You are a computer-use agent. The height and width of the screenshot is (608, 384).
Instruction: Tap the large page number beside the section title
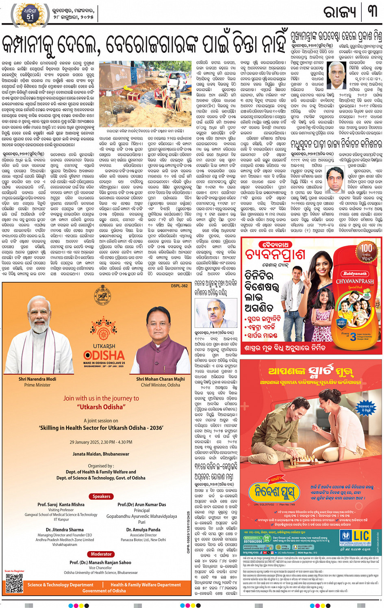pos(372,12)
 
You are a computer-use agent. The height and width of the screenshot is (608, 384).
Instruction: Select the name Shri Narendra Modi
pos(37,379)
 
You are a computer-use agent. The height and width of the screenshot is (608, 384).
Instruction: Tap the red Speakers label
pos(101,496)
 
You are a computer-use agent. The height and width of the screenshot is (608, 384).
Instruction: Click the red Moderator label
pos(101,554)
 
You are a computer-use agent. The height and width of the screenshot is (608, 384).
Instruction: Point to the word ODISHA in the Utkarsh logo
pos(104,355)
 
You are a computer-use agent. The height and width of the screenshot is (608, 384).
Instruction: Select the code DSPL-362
pos(179,286)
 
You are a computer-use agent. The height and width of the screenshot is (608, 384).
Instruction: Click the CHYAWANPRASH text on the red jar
pos(354,281)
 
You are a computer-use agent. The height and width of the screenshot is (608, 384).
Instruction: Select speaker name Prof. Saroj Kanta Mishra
pos(61,504)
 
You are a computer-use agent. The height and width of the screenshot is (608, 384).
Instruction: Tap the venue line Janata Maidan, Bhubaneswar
pos(101,454)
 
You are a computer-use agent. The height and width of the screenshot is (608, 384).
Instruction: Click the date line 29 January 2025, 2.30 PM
pos(101,442)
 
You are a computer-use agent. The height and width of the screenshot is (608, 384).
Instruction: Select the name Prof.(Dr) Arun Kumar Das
pos(141,504)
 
